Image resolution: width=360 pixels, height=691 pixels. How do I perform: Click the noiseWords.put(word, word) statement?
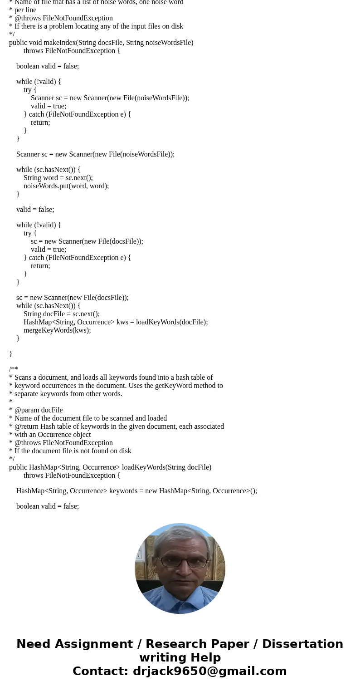pyautogui.click(x=66, y=186)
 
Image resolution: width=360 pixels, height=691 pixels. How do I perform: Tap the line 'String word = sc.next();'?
pyautogui.click(x=58, y=178)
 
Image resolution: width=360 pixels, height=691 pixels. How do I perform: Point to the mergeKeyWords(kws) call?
pyautogui.click(x=57, y=330)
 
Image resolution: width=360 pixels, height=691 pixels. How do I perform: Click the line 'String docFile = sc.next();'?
pyautogui.click(x=62, y=314)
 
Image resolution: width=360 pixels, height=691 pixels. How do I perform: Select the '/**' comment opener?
pyautogui.click(x=14, y=369)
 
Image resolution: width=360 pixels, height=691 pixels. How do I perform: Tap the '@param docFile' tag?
pyautogui.click(x=39, y=410)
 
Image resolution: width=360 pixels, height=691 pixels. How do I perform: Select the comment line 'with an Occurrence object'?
pyautogui.click(x=53, y=435)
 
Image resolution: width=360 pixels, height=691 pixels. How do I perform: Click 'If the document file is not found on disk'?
pyautogui.click(x=73, y=451)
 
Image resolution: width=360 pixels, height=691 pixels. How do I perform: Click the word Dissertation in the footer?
pyautogui.click(x=302, y=644)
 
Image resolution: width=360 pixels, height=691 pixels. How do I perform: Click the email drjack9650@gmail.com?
pyautogui.click(x=209, y=671)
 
